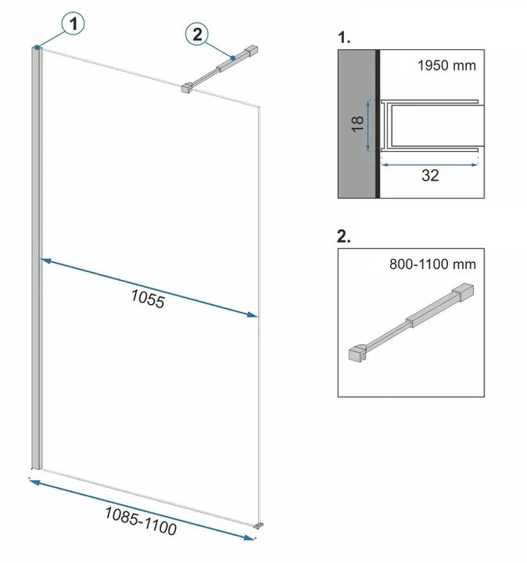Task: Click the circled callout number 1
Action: pyautogui.click(x=73, y=24)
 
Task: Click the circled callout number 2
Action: pyautogui.click(x=197, y=34)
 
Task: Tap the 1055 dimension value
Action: pyautogui.click(x=148, y=299)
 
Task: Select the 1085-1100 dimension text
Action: pyautogui.click(x=141, y=522)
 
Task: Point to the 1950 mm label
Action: pyautogui.click(x=446, y=66)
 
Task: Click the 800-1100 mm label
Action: pyautogui.click(x=432, y=264)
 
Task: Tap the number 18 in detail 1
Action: pyautogui.click(x=358, y=124)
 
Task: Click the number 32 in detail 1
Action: pyautogui.click(x=430, y=176)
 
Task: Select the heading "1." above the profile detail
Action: pyautogui.click(x=344, y=38)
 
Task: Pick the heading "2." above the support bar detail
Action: pyautogui.click(x=343, y=236)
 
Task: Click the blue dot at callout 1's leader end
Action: pyautogui.click(x=37, y=47)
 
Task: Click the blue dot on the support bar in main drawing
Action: pyautogui.click(x=233, y=58)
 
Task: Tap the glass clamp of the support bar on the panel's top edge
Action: pyautogui.click(x=187, y=88)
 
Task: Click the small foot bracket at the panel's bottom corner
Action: pyautogui.click(x=258, y=525)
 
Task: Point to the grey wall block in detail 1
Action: pyautogui.click(x=357, y=124)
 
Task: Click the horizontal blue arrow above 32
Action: pyautogui.click(x=429, y=165)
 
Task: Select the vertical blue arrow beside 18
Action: pyautogui.click(x=368, y=125)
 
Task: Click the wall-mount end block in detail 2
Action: pyautogui.click(x=463, y=292)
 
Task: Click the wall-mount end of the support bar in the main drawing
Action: pyautogui.click(x=252, y=51)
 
